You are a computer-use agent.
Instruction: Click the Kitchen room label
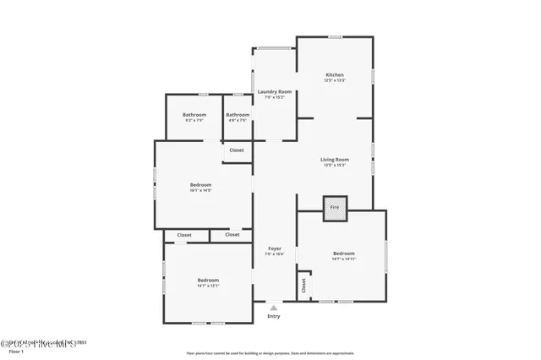coord(335,75)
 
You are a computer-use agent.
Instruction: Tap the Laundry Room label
coord(275,91)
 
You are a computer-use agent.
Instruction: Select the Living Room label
coord(335,160)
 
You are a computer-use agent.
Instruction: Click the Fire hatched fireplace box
coord(335,207)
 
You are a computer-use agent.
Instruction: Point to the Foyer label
coord(275,248)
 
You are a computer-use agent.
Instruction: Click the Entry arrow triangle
coord(274,308)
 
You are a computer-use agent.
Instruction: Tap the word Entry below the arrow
coord(274,316)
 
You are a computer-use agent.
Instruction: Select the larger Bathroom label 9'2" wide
coord(194,115)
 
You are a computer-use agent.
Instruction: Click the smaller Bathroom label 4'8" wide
coord(238,115)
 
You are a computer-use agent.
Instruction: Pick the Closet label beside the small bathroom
coord(237,150)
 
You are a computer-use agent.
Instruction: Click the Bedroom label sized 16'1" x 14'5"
coord(200,185)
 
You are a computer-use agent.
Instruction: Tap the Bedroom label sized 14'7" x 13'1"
coord(208,281)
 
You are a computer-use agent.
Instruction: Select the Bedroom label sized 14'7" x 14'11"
coord(343,254)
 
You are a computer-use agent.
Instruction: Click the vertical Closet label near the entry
coord(303,286)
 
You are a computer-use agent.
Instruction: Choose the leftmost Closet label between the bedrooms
coord(184,235)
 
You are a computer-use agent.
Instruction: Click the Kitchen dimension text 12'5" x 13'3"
coord(335,80)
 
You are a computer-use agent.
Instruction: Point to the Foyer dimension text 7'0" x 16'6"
coord(275,254)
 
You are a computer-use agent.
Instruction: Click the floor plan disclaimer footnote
coord(270,353)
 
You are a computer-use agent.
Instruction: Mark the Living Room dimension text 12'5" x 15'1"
coord(335,165)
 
